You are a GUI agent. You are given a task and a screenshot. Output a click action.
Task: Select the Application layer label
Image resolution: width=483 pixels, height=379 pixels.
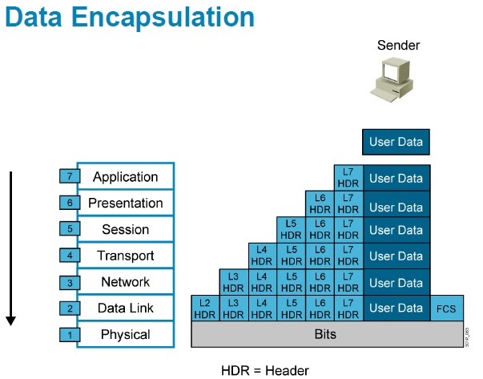tap(125, 176)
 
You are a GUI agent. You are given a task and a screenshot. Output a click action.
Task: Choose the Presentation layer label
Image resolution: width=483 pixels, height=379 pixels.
tap(125, 203)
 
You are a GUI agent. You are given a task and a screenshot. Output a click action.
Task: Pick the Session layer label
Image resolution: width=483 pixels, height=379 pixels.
tap(125, 229)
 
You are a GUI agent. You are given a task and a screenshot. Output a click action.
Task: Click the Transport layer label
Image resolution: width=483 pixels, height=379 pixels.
tap(125, 256)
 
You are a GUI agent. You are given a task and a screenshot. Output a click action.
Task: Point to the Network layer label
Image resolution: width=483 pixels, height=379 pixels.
tap(125, 282)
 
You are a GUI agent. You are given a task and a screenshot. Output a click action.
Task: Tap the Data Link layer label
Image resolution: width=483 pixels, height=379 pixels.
tap(125, 308)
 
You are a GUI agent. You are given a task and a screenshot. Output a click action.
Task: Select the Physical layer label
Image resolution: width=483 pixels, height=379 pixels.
tap(125, 334)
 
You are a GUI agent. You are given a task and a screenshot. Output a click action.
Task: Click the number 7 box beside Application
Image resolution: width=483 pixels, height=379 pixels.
tap(69, 176)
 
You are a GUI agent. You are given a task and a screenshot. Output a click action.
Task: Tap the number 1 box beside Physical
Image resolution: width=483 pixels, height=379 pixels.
tap(69, 334)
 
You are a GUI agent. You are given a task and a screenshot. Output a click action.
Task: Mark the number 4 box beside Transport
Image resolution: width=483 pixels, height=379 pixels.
tap(69, 256)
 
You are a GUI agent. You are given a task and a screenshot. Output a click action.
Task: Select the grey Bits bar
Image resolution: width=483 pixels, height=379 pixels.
tap(326, 334)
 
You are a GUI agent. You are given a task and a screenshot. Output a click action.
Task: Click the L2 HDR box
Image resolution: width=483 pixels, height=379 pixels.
tap(204, 308)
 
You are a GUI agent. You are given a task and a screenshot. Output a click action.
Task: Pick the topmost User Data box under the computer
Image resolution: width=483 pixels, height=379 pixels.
tap(396, 143)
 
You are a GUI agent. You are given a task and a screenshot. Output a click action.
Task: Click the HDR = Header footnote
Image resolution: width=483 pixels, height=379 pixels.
tap(264, 370)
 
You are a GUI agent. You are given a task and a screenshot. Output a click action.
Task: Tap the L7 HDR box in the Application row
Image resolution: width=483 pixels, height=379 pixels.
tap(348, 177)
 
